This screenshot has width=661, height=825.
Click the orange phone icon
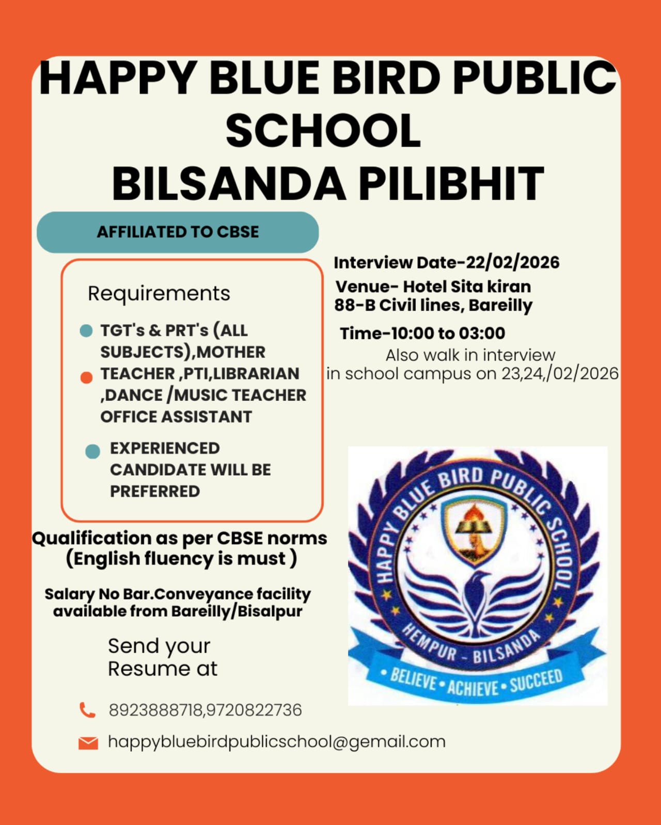point(87,710)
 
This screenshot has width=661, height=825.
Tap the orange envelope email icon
point(88,743)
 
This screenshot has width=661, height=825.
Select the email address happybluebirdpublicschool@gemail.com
point(276,742)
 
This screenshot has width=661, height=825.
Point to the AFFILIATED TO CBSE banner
point(178,232)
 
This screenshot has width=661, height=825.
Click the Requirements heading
point(159,294)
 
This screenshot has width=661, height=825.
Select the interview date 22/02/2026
point(512,263)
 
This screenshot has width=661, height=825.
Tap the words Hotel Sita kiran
point(467,286)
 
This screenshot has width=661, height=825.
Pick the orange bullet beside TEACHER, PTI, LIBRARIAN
point(87,378)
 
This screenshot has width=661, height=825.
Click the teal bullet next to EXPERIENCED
point(92,451)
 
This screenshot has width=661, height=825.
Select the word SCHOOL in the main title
point(323,131)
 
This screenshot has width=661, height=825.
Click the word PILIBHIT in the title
point(451,184)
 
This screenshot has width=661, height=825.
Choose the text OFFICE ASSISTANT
point(176,417)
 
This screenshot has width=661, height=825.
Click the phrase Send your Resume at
point(162,657)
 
